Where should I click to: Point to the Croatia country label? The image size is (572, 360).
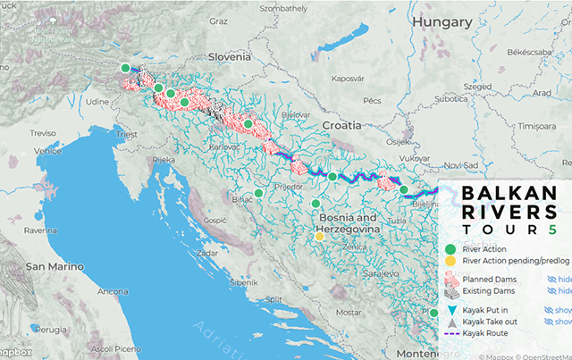click(x=341, y=124)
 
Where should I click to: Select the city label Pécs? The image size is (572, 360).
click(x=373, y=101)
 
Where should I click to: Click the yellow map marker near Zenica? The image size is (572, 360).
click(x=319, y=237)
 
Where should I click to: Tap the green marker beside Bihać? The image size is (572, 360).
click(x=258, y=193)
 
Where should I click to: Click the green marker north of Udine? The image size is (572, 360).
click(x=126, y=68)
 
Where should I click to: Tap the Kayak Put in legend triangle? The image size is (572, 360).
click(x=451, y=309)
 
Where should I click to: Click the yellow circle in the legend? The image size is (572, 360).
click(x=450, y=260)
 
